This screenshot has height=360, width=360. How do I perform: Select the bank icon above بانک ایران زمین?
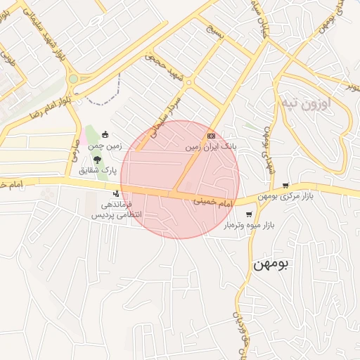(210, 136)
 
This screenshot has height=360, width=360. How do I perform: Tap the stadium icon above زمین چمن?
(105, 135)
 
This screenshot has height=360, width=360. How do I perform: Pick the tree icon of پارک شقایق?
(97, 160)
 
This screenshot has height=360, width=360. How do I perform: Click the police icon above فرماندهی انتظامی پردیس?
(117, 193)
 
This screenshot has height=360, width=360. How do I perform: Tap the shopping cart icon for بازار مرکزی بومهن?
(285, 186)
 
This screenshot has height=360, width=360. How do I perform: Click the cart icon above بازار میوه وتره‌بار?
(249, 214)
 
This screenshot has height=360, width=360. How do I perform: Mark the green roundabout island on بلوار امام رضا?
(73, 79)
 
